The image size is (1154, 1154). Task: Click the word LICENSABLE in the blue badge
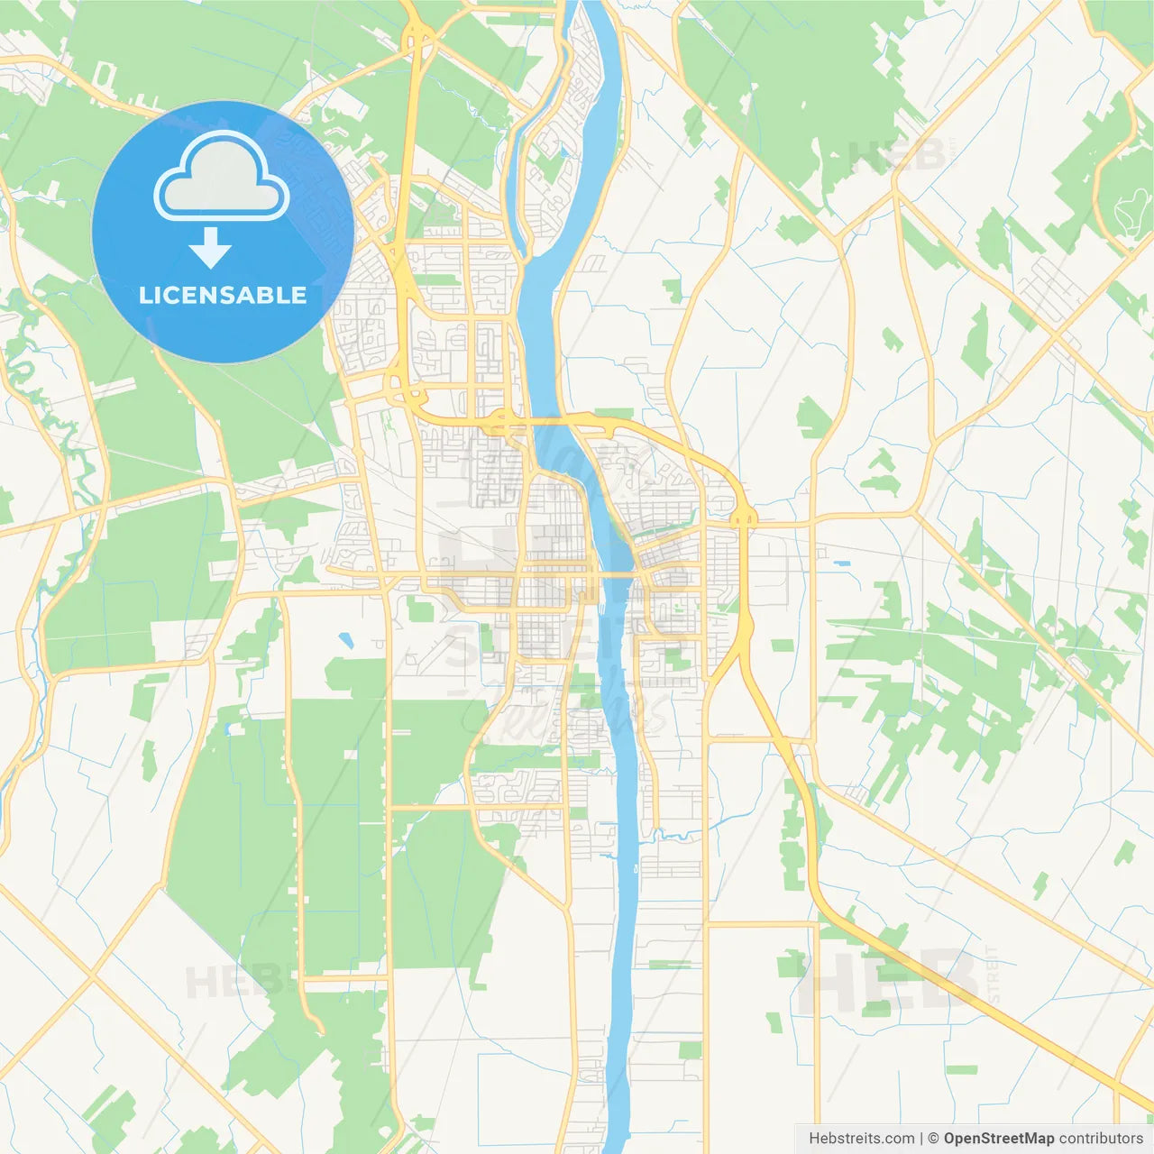223,295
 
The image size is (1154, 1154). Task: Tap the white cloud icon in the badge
222,177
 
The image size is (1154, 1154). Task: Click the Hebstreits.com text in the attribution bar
861,1139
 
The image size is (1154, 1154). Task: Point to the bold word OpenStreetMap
998,1139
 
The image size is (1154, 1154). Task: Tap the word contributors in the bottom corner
1101,1139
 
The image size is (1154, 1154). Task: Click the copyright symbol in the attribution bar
934,1139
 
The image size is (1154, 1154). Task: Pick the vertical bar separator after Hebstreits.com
921,1139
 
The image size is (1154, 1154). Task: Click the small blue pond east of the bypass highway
842,563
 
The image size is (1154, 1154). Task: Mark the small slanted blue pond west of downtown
345,641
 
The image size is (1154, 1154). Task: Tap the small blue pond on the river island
564,151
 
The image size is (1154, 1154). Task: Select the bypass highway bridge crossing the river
545,419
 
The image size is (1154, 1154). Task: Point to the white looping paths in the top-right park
1131,213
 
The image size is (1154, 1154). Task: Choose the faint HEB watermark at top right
897,158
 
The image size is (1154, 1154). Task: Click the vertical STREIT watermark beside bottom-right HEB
993,975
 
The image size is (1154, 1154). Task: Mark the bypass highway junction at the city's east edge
744,517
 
